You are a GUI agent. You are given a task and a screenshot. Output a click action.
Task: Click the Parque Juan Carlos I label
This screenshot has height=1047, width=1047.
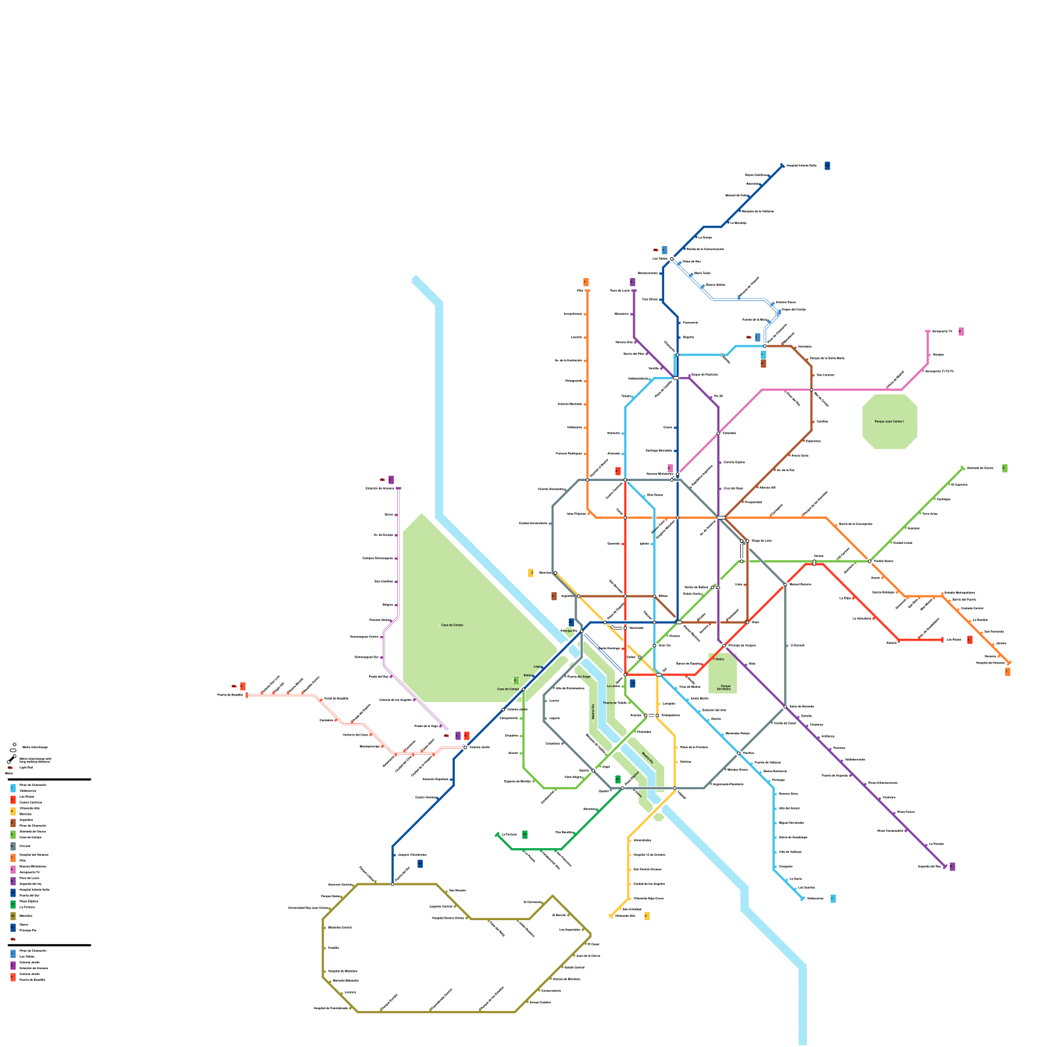click(889, 421)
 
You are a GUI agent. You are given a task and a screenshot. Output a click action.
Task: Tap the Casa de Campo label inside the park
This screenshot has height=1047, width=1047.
click(452, 625)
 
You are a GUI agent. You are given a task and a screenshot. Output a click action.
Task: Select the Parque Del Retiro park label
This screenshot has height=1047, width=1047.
click(723, 687)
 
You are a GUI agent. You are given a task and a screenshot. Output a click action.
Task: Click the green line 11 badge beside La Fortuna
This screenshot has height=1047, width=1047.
click(525, 834)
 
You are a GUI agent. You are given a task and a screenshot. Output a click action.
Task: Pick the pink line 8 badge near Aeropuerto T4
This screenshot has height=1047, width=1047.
click(961, 332)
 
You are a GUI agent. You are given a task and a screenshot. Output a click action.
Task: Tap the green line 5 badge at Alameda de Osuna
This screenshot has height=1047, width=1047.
click(1004, 469)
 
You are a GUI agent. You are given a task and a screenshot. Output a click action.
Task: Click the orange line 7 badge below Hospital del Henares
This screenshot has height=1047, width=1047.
click(1007, 671)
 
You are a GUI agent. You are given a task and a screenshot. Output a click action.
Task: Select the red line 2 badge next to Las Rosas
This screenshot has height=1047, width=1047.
click(970, 639)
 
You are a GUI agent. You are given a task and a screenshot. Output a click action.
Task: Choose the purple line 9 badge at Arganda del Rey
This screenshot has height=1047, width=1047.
click(952, 866)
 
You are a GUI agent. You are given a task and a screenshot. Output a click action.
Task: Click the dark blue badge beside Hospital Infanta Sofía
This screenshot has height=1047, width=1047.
click(827, 166)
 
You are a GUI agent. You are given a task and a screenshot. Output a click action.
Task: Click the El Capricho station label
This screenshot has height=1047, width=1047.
click(959, 485)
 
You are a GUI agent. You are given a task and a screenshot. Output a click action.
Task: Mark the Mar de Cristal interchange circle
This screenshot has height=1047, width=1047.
click(811, 390)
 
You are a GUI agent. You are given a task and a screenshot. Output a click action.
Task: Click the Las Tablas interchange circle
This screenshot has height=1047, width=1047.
click(671, 259)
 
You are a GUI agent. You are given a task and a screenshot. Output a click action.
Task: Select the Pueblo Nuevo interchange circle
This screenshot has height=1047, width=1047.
click(870, 561)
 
